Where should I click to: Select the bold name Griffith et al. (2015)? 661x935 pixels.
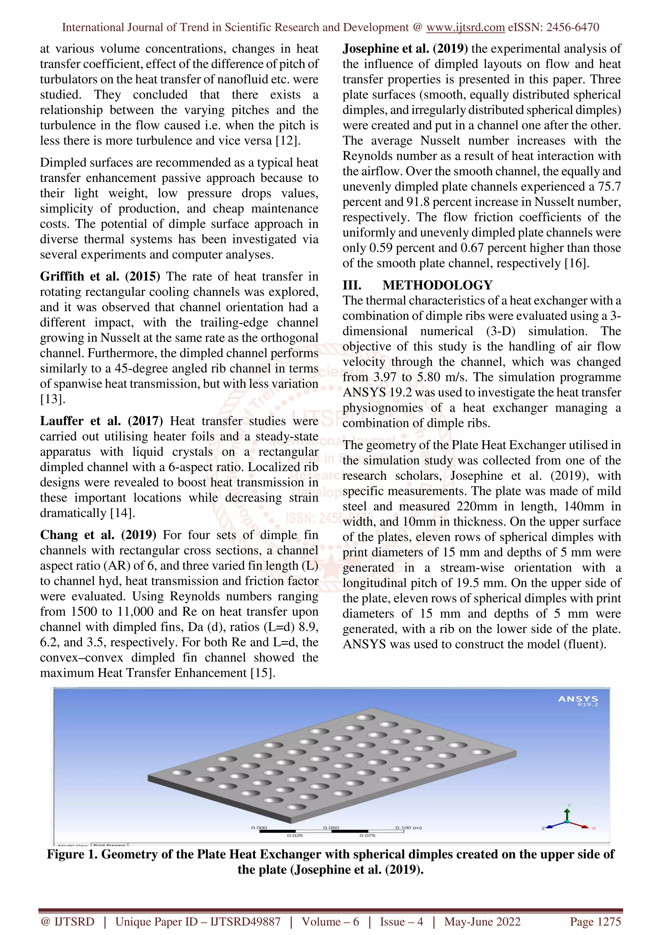tap(100, 276)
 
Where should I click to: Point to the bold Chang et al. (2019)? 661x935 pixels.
tap(98, 535)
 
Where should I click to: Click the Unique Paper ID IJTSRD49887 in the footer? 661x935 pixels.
tap(198, 921)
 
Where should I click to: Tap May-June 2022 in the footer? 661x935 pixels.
tap(482, 921)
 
